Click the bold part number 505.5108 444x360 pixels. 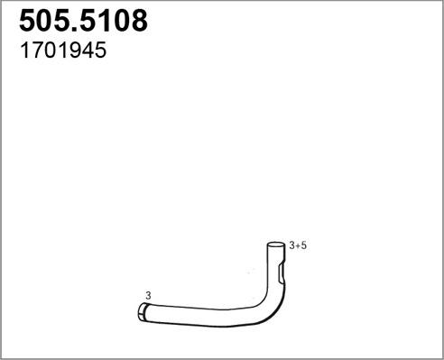(x=84, y=22)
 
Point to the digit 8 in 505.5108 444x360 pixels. (x=137, y=22)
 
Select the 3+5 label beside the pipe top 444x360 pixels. (x=299, y=245)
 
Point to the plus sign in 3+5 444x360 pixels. (x=299, y=245)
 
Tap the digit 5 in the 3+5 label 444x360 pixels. (x=305, y=245)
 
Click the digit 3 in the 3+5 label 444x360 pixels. (x=292, y=245)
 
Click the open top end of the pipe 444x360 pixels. (x=276, y=245)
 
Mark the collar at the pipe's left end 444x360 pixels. (x=143, y=312)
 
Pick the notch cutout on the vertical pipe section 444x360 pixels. (x=282, y=272)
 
